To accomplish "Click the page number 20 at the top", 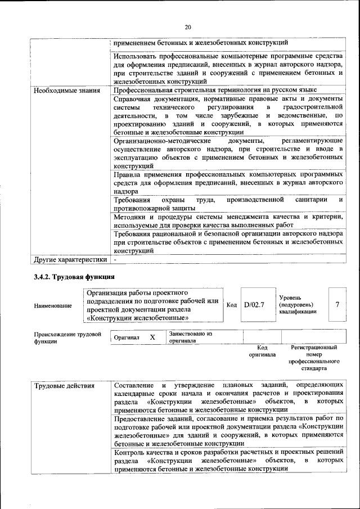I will (x=188, y=26).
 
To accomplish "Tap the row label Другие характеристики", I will (x=70, y=260).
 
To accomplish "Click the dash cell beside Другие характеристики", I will (x=115, y=260).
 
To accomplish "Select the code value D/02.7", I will (x=254, y=305).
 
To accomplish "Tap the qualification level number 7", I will (x=337, y=305).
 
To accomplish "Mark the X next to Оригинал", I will (x=152, y=337).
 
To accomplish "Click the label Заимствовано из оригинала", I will (x=190, y=337).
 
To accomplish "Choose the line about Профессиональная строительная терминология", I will (x=215, y=90).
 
